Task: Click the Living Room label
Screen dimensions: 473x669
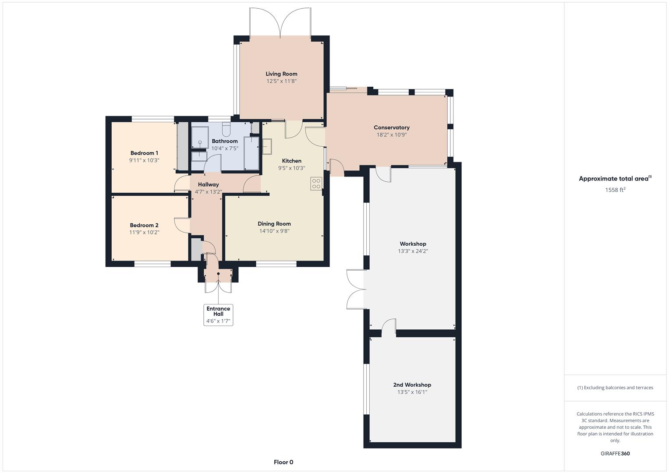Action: coord(281,74)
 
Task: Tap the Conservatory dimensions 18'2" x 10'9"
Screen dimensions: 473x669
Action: coord(391,135)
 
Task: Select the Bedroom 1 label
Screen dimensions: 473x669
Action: coord(144,153)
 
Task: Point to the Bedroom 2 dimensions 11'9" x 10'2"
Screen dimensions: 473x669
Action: coord(144,233)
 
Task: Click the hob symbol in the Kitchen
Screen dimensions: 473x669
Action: coord(316,183)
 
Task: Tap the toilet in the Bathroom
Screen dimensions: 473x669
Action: coord(226,129)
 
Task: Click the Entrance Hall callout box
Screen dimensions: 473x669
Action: coord(218,315)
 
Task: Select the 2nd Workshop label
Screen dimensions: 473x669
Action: coord(412,385)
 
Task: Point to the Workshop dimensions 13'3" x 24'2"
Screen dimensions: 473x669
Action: coord(413,251)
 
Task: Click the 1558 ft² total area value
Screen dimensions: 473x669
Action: coord(615,190)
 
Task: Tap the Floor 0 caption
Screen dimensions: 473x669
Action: coord(283,462)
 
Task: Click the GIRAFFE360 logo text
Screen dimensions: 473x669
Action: coord(615,454)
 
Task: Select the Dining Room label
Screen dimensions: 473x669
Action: coord(274,224)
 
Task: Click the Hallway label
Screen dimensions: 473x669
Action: coord(208,184)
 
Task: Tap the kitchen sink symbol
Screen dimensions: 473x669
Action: coord(266,146)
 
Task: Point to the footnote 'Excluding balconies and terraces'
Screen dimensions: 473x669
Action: coord(615,388)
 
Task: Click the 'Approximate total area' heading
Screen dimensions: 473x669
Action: coord(614,179)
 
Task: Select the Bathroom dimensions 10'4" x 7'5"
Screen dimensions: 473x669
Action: coord(225,148)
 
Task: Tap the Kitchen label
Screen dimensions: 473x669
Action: coord(291,161)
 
